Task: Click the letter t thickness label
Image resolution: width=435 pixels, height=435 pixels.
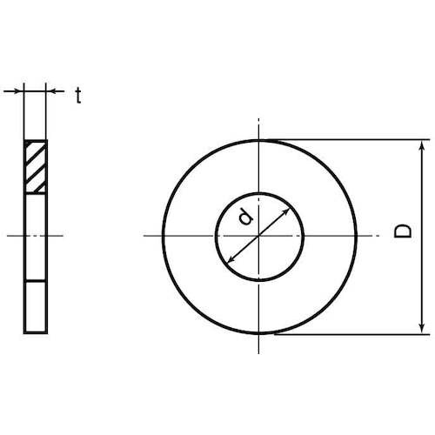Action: [78, 96]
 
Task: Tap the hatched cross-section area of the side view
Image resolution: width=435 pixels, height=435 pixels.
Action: [36, 167]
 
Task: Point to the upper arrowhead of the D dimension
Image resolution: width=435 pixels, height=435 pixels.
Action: [422, 146]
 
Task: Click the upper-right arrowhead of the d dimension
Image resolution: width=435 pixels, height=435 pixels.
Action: [285, 211]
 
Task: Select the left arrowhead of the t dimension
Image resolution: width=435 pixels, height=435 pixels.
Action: [19, 91]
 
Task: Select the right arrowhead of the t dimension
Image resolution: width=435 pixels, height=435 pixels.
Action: [51, 91]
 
